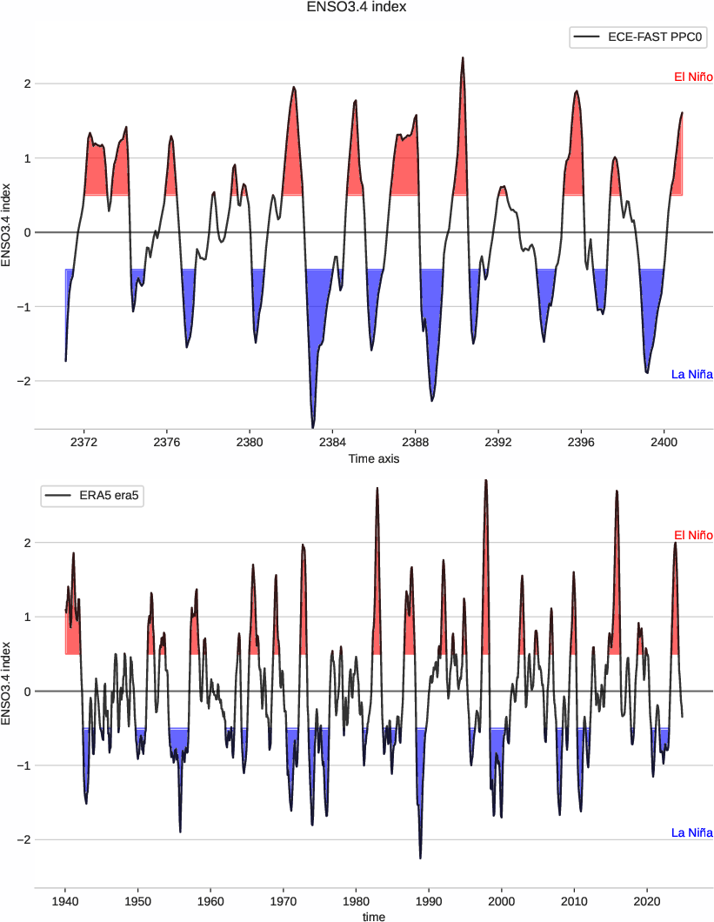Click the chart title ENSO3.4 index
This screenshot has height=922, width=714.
pos(357,7)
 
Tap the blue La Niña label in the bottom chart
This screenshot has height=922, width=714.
pos(692,832)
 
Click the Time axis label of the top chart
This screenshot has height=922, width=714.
pos(373,458)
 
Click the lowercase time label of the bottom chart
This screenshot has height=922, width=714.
pos(373,916)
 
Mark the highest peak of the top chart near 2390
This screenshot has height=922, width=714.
pos(463,58)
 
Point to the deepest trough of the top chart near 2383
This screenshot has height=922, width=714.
pos(313,427)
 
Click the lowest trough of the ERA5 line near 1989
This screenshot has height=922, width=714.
pos(420,858)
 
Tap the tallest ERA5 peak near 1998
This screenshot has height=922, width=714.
pos(486,480)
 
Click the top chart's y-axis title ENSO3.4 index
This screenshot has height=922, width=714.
pos(7,224)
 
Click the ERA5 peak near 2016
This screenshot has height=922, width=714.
pos(617,491)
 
